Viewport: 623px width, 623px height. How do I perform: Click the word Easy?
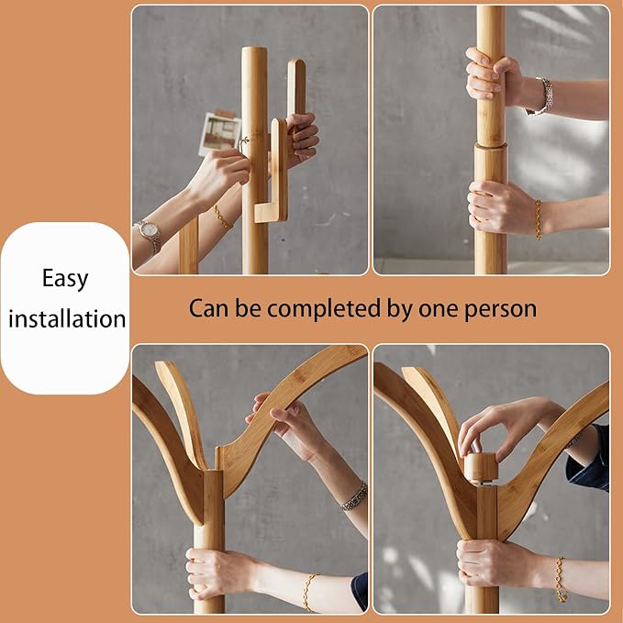(x=65, y=279)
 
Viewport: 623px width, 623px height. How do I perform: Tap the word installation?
(x=67, y=318)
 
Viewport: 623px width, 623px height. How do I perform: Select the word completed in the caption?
(x=324, y=309)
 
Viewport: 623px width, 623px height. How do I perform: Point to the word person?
(x=501, y=310)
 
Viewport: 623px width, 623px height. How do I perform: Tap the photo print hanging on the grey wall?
(x=219, y=134)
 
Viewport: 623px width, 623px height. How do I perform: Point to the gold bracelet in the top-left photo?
(x=222, y=217)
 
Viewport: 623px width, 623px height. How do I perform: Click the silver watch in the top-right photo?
(x=541, y=96)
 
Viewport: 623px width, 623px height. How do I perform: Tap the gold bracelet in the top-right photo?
(x=539, y=219)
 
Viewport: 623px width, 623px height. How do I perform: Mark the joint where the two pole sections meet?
(x=491, y=146)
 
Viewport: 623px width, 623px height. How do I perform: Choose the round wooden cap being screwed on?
(x=481, y=469)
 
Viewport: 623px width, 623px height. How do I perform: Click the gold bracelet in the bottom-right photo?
(x=561, y=579)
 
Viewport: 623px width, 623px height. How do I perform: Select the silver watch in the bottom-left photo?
(x=353, y=496)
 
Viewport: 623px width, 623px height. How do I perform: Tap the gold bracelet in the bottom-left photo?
(x=308, y=592)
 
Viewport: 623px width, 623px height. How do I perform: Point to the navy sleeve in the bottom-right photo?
(x=589, y=458)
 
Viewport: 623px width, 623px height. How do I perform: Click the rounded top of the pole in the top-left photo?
(x=254, y=50)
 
